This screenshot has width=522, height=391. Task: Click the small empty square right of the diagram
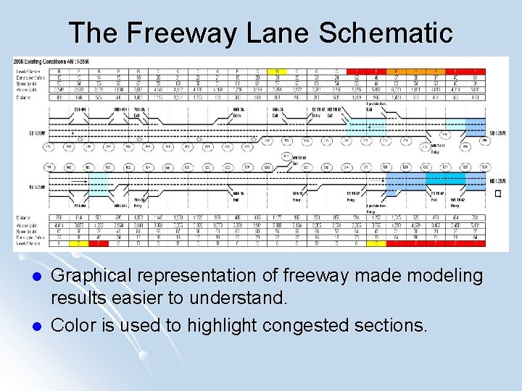point(497,193)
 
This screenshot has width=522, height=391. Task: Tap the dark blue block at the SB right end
point(476,127)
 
